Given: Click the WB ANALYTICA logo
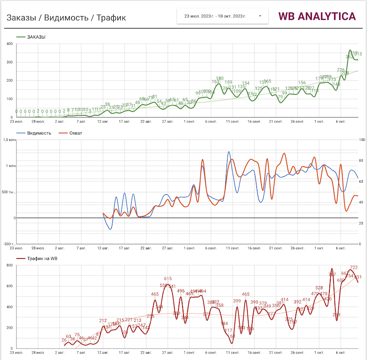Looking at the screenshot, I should (317, 16).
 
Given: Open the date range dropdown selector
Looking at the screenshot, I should (222, 16).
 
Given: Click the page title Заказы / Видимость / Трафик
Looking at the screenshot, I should (66, 17).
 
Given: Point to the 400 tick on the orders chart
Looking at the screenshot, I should (9, 44).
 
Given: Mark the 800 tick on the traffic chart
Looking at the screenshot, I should (9, 265).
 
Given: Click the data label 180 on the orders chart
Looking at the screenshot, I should (220, 79).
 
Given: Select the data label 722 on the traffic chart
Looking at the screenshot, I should (354, 267).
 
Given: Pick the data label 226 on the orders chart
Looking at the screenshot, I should (341, 70).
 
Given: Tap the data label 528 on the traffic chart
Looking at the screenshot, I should (319, 288).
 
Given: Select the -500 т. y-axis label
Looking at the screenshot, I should (9, 244).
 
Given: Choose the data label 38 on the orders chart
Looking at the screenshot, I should (107, 104).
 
